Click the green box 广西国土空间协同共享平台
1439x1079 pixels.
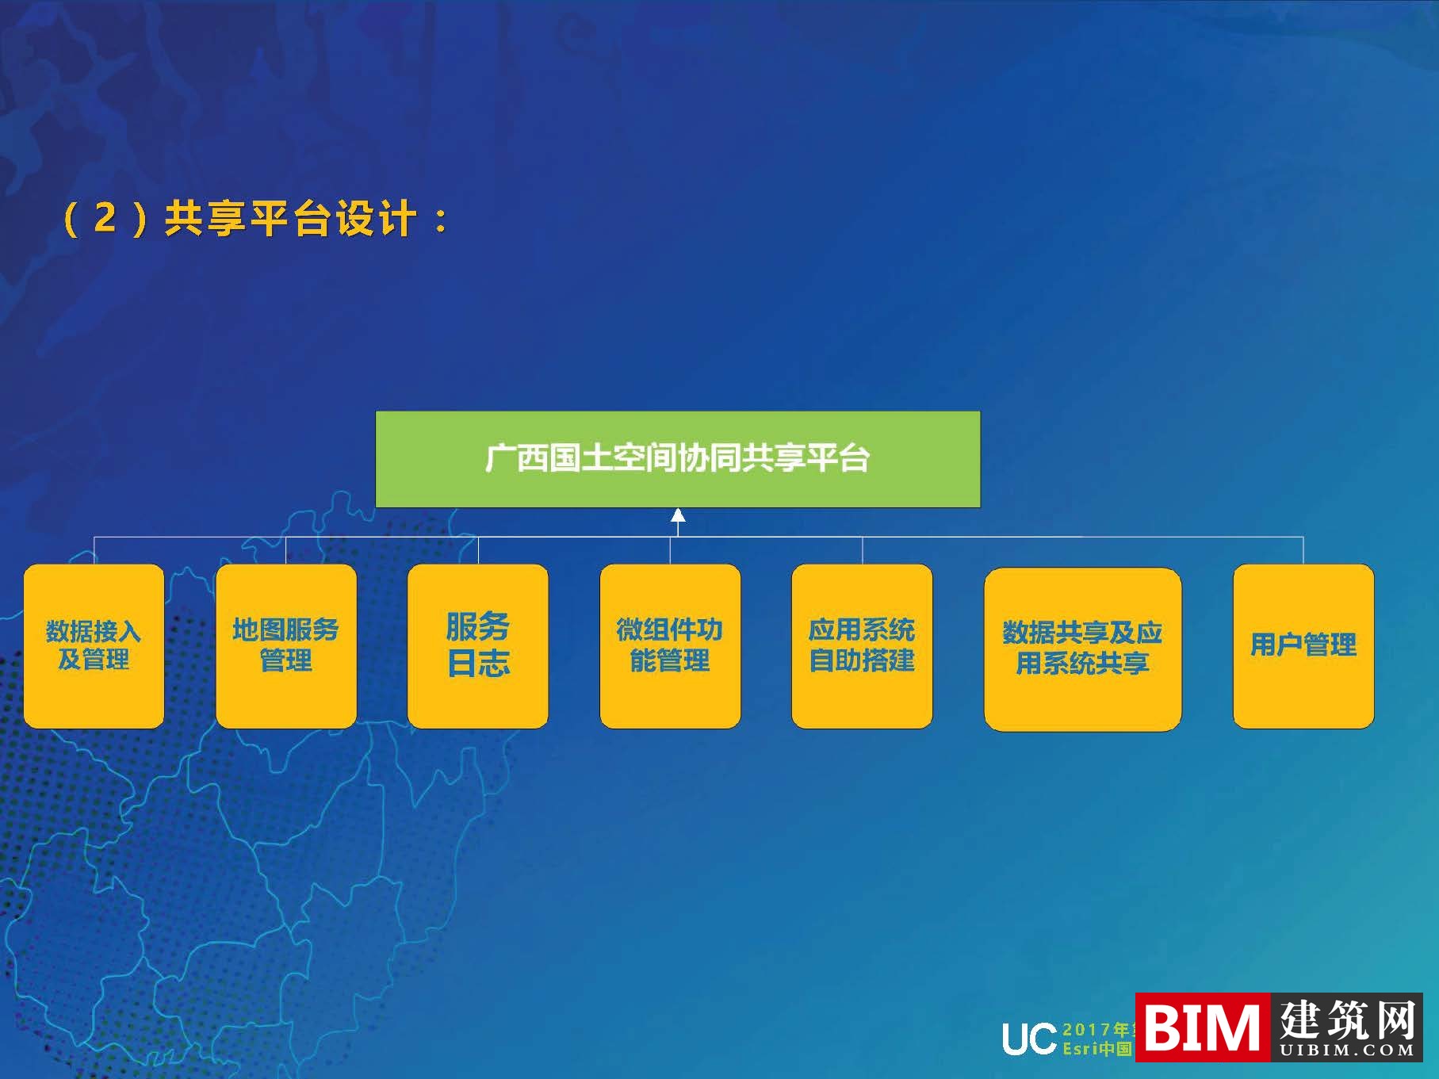pyautogui.click(x=677, y=459)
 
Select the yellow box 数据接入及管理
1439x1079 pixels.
pyautogui.click(x=94, y=645)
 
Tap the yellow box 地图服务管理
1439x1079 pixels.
pyautogui.click(x=285, y=645)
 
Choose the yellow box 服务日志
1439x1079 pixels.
pyautogui.click(x=477, y=645)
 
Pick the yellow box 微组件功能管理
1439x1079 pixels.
pyautogui.click(x=670, y=645)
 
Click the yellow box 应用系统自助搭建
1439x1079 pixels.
pyautogui.click(x=862, y=645)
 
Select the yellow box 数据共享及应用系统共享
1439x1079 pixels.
pyautogui.click(x=1082, y=649)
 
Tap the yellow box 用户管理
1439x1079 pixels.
pyautogui.click(x=1303, y=645)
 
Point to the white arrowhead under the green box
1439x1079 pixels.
pyautogui.click(x=678, y=516)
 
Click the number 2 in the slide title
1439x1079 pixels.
pyautogui.click(x=105, y=218)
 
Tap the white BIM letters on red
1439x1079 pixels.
pyautogui.click(x=1201, y=1027)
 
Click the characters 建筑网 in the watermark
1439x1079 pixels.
pyautogui.click(x=1347, y=1020)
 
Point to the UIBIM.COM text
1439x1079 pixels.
pyautogui.click(x=1347, y=1050)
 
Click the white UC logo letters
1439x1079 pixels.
pyautogui.click(x=1028, y=1039)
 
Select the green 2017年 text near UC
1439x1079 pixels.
pyautogui.click(x=1096, y=1029)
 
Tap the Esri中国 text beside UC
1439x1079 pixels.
pyautogui.click(x=1096, y=1049)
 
